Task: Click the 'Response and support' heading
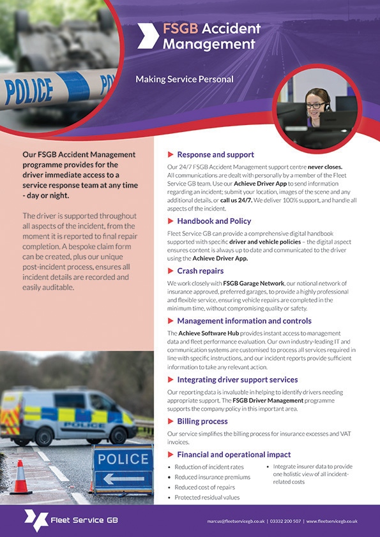[x=215, y=154]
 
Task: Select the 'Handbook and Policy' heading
[x=214, y=221]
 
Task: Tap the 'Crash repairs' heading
[x=200, y=270]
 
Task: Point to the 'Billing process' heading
[x=202, y=422]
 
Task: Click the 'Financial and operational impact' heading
[x=229, y=455]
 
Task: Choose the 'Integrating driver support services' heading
[x=238, y=379]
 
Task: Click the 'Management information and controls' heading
[x=244, y=321]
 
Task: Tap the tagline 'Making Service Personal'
[x=184, y=80]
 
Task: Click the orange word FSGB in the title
[x=181, y=29]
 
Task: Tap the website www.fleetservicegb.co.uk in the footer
[x=331, y=521]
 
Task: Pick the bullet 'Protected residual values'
[x=208, y=497]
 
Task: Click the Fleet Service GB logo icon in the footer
[x=36, y=520]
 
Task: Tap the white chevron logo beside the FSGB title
[x=148, y=36]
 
